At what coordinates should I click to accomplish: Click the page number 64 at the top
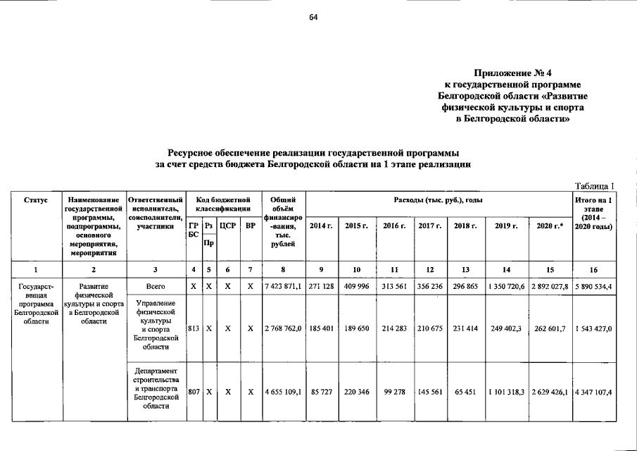coord(314,18)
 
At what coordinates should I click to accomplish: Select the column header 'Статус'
coord(36,201)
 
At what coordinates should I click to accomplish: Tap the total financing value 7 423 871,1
coord(282,288)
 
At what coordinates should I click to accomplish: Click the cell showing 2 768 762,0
coord(282,328)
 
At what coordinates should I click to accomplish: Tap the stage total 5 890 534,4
coord(594,288)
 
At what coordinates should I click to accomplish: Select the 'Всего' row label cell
coord(156,288)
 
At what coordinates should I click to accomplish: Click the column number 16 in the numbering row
coord(594,270)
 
